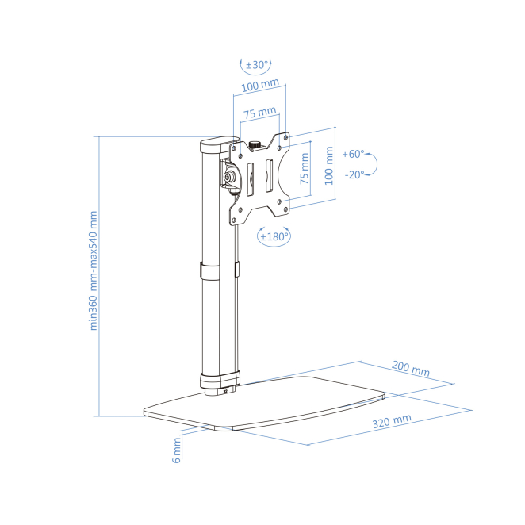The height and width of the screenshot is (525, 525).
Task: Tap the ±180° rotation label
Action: point(275,236)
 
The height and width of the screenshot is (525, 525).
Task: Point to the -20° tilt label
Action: point(354,174)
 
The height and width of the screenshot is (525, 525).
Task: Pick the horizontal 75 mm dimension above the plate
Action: point(259,113)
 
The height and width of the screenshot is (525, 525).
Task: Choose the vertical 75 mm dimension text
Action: point(305,171)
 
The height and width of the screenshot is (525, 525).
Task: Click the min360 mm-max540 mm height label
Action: point(94,270)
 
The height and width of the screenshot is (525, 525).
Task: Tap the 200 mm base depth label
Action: point(410,370)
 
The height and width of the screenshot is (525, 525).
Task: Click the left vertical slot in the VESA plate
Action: point(249,178)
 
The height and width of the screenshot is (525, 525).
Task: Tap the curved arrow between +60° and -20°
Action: point(375,164)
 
